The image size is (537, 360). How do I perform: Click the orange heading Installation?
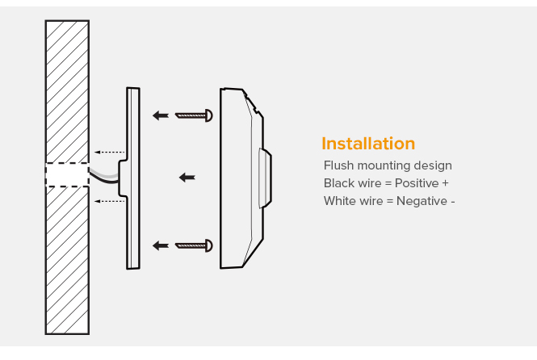pos(368,144)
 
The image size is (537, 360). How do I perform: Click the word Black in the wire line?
pos(339,183)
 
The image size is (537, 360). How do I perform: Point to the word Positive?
pos(417,183)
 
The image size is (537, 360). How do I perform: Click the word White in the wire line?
pos(340,201)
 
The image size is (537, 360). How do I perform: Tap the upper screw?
pos(194,115)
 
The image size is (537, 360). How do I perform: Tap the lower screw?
pos(194,244)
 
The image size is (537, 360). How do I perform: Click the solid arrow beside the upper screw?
pos(162,115)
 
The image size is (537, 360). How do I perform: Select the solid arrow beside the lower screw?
pos(162,244)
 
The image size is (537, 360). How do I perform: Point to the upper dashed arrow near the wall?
pos(110,152)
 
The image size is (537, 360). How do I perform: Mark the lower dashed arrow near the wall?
pos(110,201)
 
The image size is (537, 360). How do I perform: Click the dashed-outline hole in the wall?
pos(67,176)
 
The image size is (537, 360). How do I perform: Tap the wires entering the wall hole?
pos(104,174)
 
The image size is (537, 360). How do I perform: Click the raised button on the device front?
pos(264,177)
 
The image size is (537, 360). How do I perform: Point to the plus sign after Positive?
pos(446,183)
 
